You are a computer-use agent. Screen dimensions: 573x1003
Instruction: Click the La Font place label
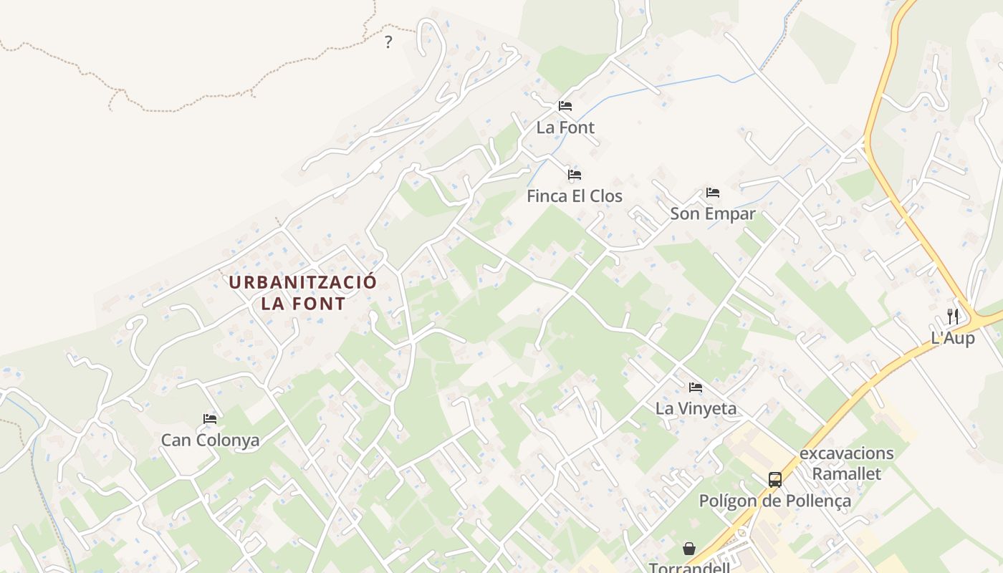565,127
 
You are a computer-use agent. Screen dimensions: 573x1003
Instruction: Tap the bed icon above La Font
565,106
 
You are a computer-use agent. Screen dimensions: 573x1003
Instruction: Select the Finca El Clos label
574,196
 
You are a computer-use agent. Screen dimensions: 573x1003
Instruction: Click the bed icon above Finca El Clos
574,175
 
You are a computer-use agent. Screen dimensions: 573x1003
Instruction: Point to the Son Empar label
712,214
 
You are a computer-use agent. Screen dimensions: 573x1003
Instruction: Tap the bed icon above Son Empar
712,193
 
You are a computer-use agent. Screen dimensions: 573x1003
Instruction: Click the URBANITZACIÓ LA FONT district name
302,292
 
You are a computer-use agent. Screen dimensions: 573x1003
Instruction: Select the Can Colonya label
210,440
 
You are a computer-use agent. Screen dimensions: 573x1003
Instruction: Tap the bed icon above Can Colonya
210,418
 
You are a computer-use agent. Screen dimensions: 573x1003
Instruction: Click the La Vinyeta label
696,409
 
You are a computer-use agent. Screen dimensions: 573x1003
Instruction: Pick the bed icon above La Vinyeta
696,387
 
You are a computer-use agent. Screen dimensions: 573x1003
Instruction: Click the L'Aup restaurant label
953,338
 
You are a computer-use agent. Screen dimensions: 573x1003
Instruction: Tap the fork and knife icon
953,316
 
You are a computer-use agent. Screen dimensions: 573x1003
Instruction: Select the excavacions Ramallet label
846,463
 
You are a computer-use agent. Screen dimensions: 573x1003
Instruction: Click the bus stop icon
774,479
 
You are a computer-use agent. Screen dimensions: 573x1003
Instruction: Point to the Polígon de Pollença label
774,501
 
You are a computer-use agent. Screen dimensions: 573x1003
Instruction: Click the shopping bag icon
688,549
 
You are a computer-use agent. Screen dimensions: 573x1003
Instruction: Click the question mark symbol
388,42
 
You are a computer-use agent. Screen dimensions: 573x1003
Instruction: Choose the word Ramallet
846,473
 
